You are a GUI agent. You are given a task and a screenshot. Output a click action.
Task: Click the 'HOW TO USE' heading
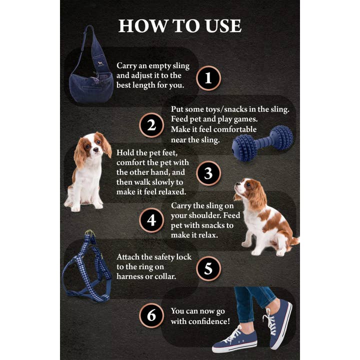pyautogui.click(x=179, y=26)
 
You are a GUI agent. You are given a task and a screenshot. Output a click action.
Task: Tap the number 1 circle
pyautogui.click(x=208, y=78)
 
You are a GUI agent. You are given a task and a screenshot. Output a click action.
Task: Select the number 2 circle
pyautogui.click(x=151, y=125)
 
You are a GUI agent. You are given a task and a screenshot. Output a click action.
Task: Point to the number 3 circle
pyautogui.click(x=208, y=173)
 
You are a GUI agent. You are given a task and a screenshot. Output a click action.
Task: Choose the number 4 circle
pyautogui.click(x=151, y=220)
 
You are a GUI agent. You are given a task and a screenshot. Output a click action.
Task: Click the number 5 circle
pyautogui.click(x=208, y=268)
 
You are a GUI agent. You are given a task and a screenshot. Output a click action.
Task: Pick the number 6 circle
pyautogui.click(x=151, y=315)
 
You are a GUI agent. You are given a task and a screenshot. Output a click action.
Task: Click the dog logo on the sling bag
pyautogui.click(x=100, y=63)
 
